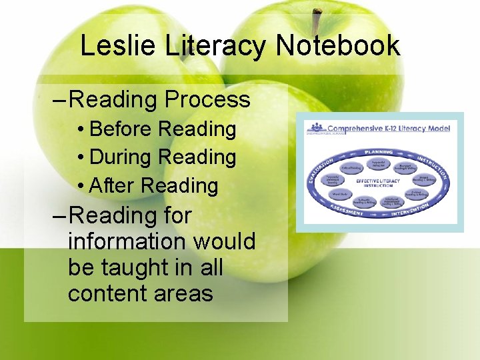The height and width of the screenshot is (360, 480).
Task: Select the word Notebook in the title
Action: click(338, 46)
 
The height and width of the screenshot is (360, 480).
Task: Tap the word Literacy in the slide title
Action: click(215, 46)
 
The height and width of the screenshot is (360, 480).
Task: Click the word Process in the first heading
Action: click(207, 100)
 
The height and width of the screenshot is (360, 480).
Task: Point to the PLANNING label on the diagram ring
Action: click(379, 153)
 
